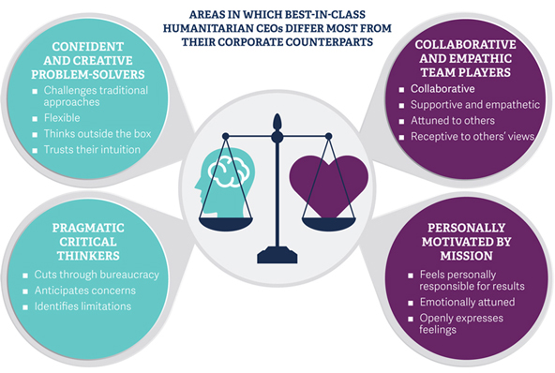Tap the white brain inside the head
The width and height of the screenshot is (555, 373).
coord(229,172)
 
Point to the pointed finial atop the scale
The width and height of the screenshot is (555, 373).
coord(277,122)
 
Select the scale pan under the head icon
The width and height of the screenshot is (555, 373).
coord(225,224)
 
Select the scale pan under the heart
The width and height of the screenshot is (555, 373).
coord(328,224)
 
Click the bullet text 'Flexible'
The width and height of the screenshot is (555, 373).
coord(62,118)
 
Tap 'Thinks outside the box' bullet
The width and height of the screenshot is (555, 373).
coord(97,134)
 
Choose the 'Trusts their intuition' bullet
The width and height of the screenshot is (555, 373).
coord(92,150)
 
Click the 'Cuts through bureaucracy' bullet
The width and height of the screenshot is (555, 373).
coord(97,275)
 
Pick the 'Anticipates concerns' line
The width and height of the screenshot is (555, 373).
coord(85,291)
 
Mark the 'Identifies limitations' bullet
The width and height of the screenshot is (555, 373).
coord(82,306)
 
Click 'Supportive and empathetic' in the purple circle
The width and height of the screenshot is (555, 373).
coord(475,105)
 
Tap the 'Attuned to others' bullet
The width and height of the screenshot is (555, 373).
coord(453,121)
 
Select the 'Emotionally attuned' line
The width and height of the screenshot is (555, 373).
coord(467,302)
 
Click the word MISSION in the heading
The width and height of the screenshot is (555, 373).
coord(466,256)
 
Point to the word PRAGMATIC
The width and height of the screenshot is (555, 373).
coord(88,228)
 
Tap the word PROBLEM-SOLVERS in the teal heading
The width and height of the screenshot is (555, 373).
coord(88,74)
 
